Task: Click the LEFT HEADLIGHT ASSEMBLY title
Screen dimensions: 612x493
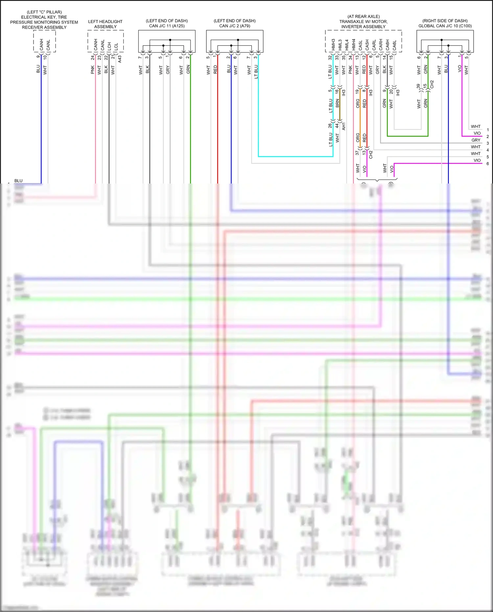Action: coord(105,24)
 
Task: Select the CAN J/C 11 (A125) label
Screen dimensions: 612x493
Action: coord(167,26)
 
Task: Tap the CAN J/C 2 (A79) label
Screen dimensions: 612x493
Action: coord(235,26)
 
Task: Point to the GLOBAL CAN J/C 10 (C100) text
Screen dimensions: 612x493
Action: coord(445,26)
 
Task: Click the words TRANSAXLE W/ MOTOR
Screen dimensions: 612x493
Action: coord(363,22)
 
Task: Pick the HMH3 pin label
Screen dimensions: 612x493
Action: coord(333,45)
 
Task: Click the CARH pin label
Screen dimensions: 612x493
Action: coord(381,45)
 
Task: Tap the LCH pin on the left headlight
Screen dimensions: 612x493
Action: coord(109,46)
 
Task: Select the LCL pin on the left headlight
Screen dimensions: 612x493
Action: coord(116,46)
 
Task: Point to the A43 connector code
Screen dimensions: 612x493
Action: coord(120,59)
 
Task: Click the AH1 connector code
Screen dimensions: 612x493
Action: coord(344,126)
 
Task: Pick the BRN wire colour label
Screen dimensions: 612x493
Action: coord(337,104)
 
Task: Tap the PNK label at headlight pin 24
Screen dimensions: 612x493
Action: coord(93,70)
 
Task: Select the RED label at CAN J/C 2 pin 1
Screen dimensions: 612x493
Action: coord(215,69)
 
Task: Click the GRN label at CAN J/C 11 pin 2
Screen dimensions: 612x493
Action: coord(188,69)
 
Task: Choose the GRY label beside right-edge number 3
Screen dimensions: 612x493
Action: coord(476,140)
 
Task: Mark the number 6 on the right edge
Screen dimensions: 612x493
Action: coord(488,163)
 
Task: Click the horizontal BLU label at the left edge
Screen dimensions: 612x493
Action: coord(18,181)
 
